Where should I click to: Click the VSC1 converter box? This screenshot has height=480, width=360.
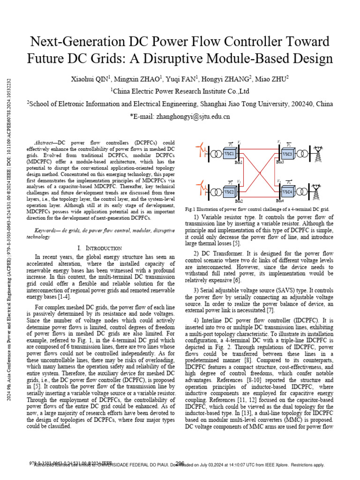click(229, 154)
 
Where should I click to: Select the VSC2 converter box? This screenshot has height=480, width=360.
click(229, 192)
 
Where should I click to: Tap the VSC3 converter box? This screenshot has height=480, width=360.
click(287, 154)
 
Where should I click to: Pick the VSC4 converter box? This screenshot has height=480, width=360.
click(287, 192)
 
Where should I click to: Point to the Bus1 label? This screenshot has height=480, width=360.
click(239, 163)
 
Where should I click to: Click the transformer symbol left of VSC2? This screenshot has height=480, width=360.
click(217, 192)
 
